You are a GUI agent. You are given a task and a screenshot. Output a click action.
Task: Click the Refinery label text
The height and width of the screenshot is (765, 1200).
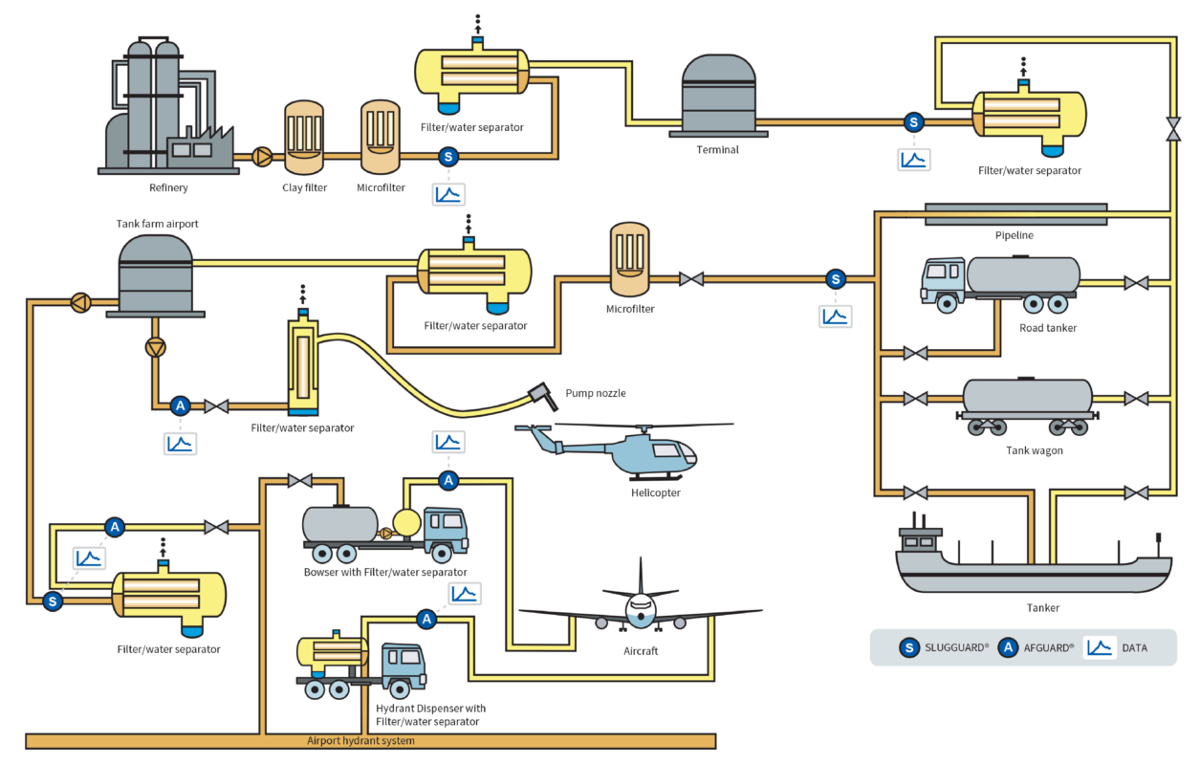click(x=168, y=187)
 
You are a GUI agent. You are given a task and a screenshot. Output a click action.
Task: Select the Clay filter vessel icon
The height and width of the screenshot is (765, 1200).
click(x=305, y=138)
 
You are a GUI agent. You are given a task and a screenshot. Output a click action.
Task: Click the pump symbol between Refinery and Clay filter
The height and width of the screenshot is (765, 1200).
click(x=261, y=156)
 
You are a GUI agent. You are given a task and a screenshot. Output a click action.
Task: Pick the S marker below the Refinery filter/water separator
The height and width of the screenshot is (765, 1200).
click(x=447, y=157)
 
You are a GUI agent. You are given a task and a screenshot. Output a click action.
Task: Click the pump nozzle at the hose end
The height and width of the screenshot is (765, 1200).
click(x=540, y=395)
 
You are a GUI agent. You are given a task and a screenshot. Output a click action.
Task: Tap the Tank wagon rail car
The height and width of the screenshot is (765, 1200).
click(x=1027, y=407)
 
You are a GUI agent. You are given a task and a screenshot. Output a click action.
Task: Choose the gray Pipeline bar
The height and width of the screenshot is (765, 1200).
click(x=1015, y=214)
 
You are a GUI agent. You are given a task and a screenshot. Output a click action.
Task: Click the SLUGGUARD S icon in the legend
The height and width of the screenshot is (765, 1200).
click(x=907, y=647)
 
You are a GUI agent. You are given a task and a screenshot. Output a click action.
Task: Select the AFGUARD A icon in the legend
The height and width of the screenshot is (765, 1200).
click(x=1007, y=647)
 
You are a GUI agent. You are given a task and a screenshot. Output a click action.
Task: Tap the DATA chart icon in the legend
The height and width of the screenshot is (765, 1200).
click(x=1100, y=647)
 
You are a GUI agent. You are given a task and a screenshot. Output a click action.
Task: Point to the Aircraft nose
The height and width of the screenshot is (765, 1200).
click(x=641, y=608)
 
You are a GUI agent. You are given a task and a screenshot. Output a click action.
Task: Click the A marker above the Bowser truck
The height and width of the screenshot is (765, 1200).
click(x=448, y=479)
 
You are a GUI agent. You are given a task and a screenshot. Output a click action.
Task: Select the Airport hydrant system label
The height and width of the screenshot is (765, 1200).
click(x=360, y=741)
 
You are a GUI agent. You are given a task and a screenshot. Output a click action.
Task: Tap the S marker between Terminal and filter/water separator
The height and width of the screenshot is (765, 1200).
click(x=914, y=122)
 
